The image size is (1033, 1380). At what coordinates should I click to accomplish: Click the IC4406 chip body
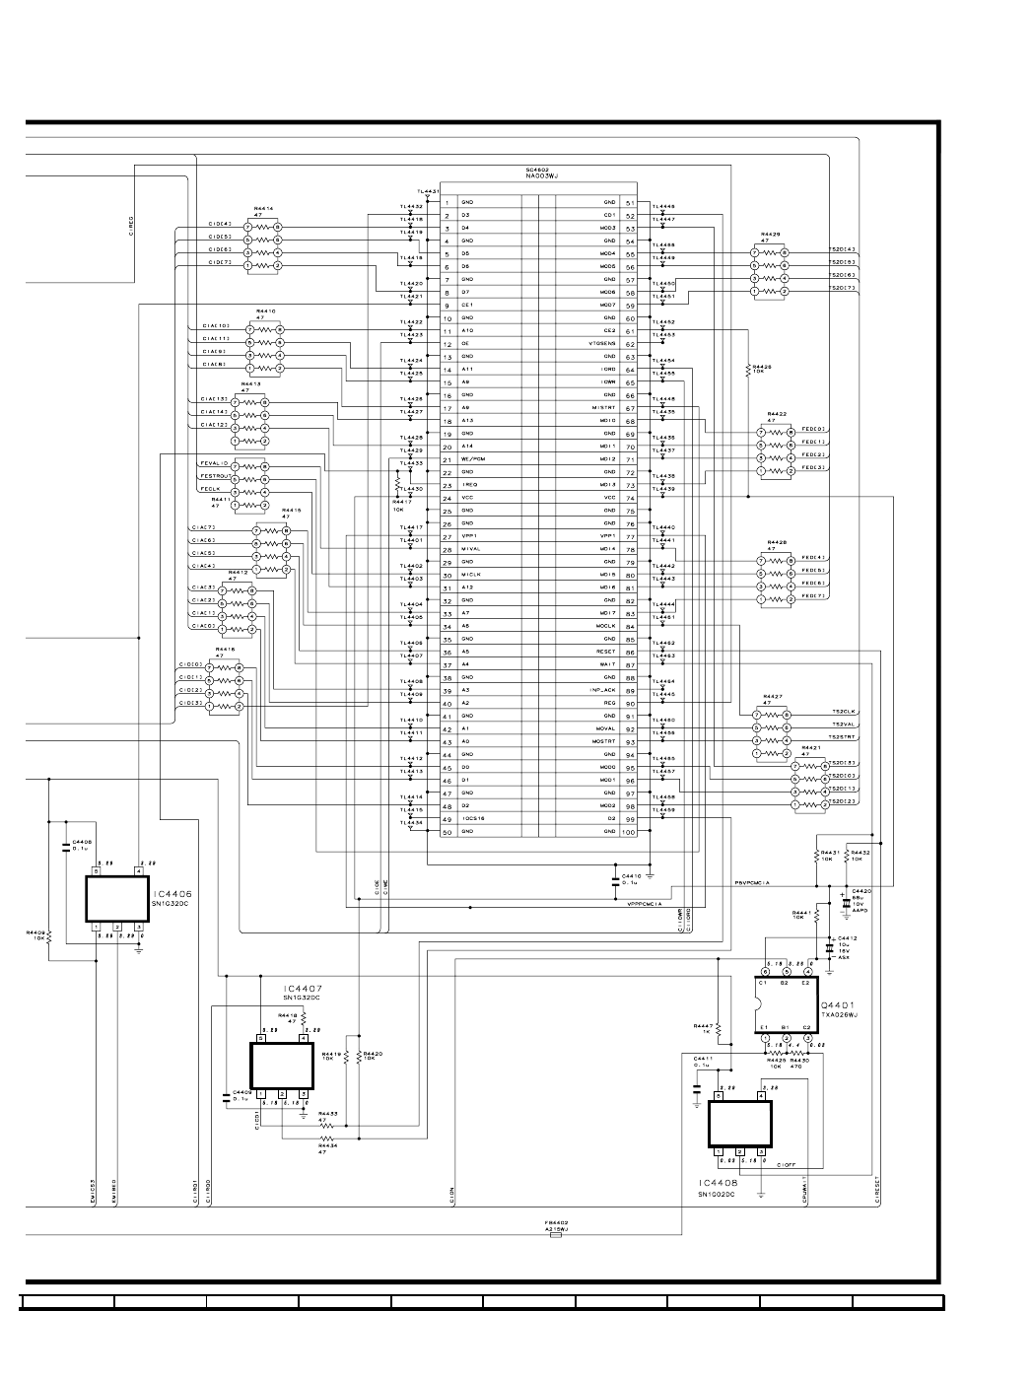[116, 898]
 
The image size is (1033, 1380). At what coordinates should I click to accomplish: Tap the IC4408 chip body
[739, 1123]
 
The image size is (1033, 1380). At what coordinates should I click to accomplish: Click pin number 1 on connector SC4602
[447, 202]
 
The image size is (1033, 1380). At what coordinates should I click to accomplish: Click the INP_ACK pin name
[602, 690]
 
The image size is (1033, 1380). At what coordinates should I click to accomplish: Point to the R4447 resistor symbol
[719, 1030]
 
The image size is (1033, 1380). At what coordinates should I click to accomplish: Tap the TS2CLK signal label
[844, 713]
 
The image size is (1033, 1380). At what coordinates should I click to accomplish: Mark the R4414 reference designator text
[263, 209]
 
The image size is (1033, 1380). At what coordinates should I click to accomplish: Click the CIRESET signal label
[878, 1193]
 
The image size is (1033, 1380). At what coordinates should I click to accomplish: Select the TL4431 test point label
[428, 191]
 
